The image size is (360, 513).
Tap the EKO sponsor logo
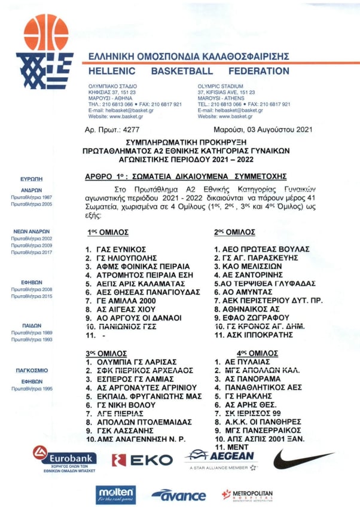[142, 460]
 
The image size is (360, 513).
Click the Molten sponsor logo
[116, 494]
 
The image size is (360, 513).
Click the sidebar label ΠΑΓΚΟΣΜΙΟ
[32, 371]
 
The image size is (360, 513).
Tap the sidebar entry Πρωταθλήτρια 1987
[31, 197]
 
